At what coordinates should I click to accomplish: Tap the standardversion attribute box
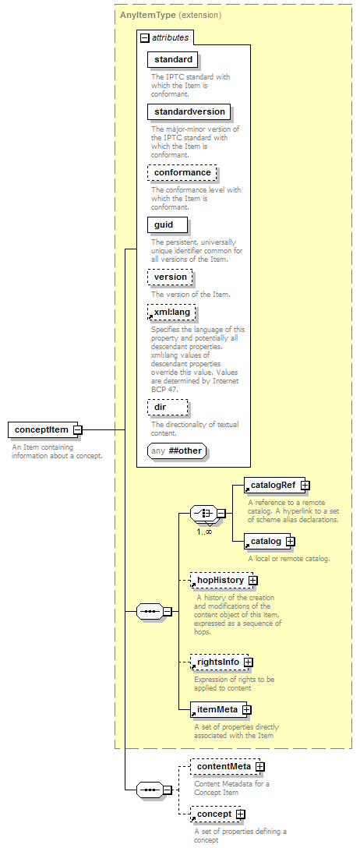tap(189, 112)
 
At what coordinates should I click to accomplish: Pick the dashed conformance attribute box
tap(182, 172)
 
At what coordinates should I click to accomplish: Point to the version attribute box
tap(170, 277)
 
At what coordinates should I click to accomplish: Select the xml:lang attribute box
tap(171, 313)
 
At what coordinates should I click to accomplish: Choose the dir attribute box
tap(168, 407)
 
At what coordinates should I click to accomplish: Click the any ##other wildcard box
tap(177, 451)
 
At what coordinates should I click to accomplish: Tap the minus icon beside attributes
tap(144, 38)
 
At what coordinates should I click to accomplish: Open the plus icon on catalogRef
tap(305, 485)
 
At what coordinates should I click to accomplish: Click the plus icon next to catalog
tap(291, 541)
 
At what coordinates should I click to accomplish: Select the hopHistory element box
tap(221, 581)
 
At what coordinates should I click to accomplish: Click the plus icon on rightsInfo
tap(248, 662)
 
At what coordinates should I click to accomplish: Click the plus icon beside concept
tap(241, 814)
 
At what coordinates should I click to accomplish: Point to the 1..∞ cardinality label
tap(204, 532)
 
